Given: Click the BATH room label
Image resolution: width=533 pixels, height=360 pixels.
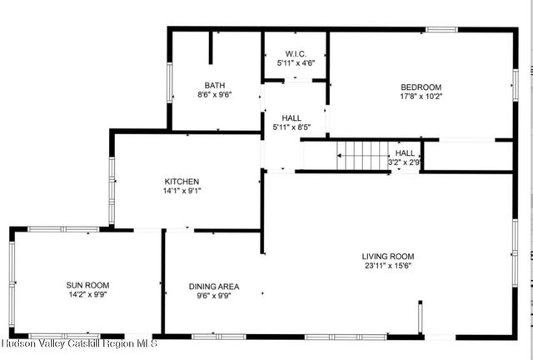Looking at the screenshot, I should (x=214, y=85).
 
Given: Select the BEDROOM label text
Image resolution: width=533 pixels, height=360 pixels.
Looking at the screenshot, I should (x=421, y=87).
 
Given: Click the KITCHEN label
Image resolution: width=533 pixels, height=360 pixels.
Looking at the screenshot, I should (x=182, y=181).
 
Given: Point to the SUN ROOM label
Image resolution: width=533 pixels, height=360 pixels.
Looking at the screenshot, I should (x=87, y=285).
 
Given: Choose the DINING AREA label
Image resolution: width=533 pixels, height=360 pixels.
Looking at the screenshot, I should (x=213, y=286).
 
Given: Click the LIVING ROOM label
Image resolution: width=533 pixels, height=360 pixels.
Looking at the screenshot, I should (x=387, y=256).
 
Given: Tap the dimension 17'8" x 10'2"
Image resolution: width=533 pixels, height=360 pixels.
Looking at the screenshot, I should (x=421, y=96).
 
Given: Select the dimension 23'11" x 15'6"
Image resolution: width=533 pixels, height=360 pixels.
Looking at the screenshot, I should (x=387, y=266).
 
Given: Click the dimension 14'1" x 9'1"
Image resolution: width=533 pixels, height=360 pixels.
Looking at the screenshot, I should (x=182, y=190).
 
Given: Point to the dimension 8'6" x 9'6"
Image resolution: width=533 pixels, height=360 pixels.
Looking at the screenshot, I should (x=214, y=94).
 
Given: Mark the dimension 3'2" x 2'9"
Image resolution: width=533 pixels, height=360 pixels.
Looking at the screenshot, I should (x=405, y=162).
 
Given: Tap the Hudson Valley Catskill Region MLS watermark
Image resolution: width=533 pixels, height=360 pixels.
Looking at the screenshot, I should (x=79, y=343).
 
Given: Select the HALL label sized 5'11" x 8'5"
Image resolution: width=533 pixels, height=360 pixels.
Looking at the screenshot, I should (x=291, y=118).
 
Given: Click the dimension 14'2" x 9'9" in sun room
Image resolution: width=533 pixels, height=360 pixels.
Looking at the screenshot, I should (x=87, y=294).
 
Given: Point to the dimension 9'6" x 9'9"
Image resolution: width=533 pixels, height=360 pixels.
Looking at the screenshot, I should (x=213, y=295).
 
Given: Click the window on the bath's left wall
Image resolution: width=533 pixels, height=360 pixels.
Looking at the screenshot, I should (x=170, y=82).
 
